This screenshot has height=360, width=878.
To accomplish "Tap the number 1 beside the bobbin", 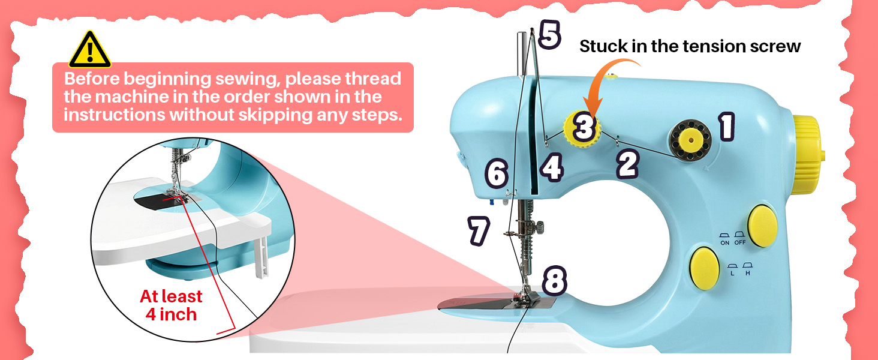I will (726, 127).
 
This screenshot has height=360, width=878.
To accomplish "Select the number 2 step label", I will (627, 164).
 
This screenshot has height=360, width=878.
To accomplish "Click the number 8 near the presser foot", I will (554, 280).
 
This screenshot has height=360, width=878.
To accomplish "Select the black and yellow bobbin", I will (690, 139).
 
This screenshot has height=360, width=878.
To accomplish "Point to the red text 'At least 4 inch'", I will (171, 305).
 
